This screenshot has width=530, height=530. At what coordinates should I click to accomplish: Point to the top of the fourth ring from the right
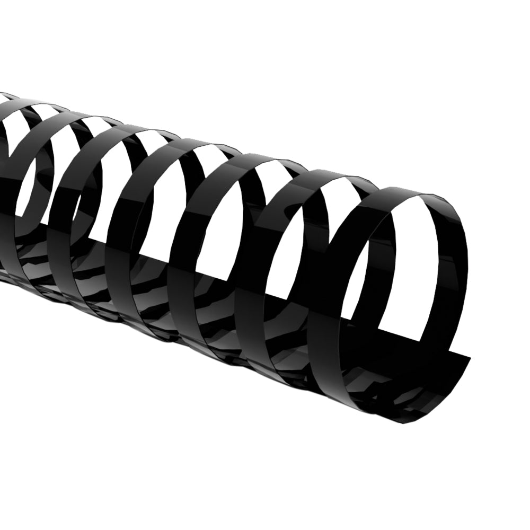click(212, 144)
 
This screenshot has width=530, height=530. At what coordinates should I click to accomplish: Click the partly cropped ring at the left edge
click(8, 159)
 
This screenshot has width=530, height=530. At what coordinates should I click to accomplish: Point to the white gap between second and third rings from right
click(286, 212)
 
